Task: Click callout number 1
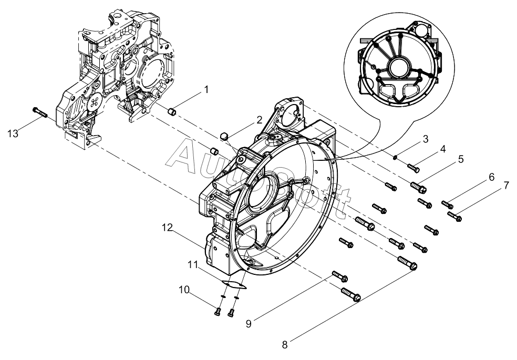pos(206,89)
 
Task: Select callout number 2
pos(260,120)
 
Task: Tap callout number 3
pos(426,139)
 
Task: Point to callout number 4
pos(443,149)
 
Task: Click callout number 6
pos(491,177)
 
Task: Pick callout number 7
pos(506,186)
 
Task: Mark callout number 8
pos(285,345)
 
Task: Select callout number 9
pos(249,324)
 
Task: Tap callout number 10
pos(184,290)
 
